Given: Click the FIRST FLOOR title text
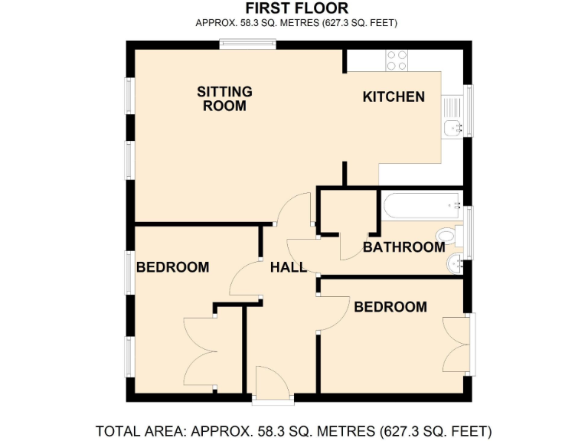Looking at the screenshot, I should pos(296,8).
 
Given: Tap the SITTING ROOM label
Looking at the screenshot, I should pos(224,99).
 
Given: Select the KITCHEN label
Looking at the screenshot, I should pos(393,97).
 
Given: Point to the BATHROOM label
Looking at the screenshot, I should pos(403,247).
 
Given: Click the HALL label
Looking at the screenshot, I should pos(288,267).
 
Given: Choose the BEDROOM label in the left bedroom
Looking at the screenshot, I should pos(172,267).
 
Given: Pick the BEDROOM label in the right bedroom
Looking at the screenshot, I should pos(390,307).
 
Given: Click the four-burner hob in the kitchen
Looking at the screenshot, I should pos(397,60).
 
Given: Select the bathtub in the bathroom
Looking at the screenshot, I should pos(420,205).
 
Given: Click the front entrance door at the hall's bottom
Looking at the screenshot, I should pos(272,383).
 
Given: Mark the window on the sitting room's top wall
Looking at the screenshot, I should pos(243,44).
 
